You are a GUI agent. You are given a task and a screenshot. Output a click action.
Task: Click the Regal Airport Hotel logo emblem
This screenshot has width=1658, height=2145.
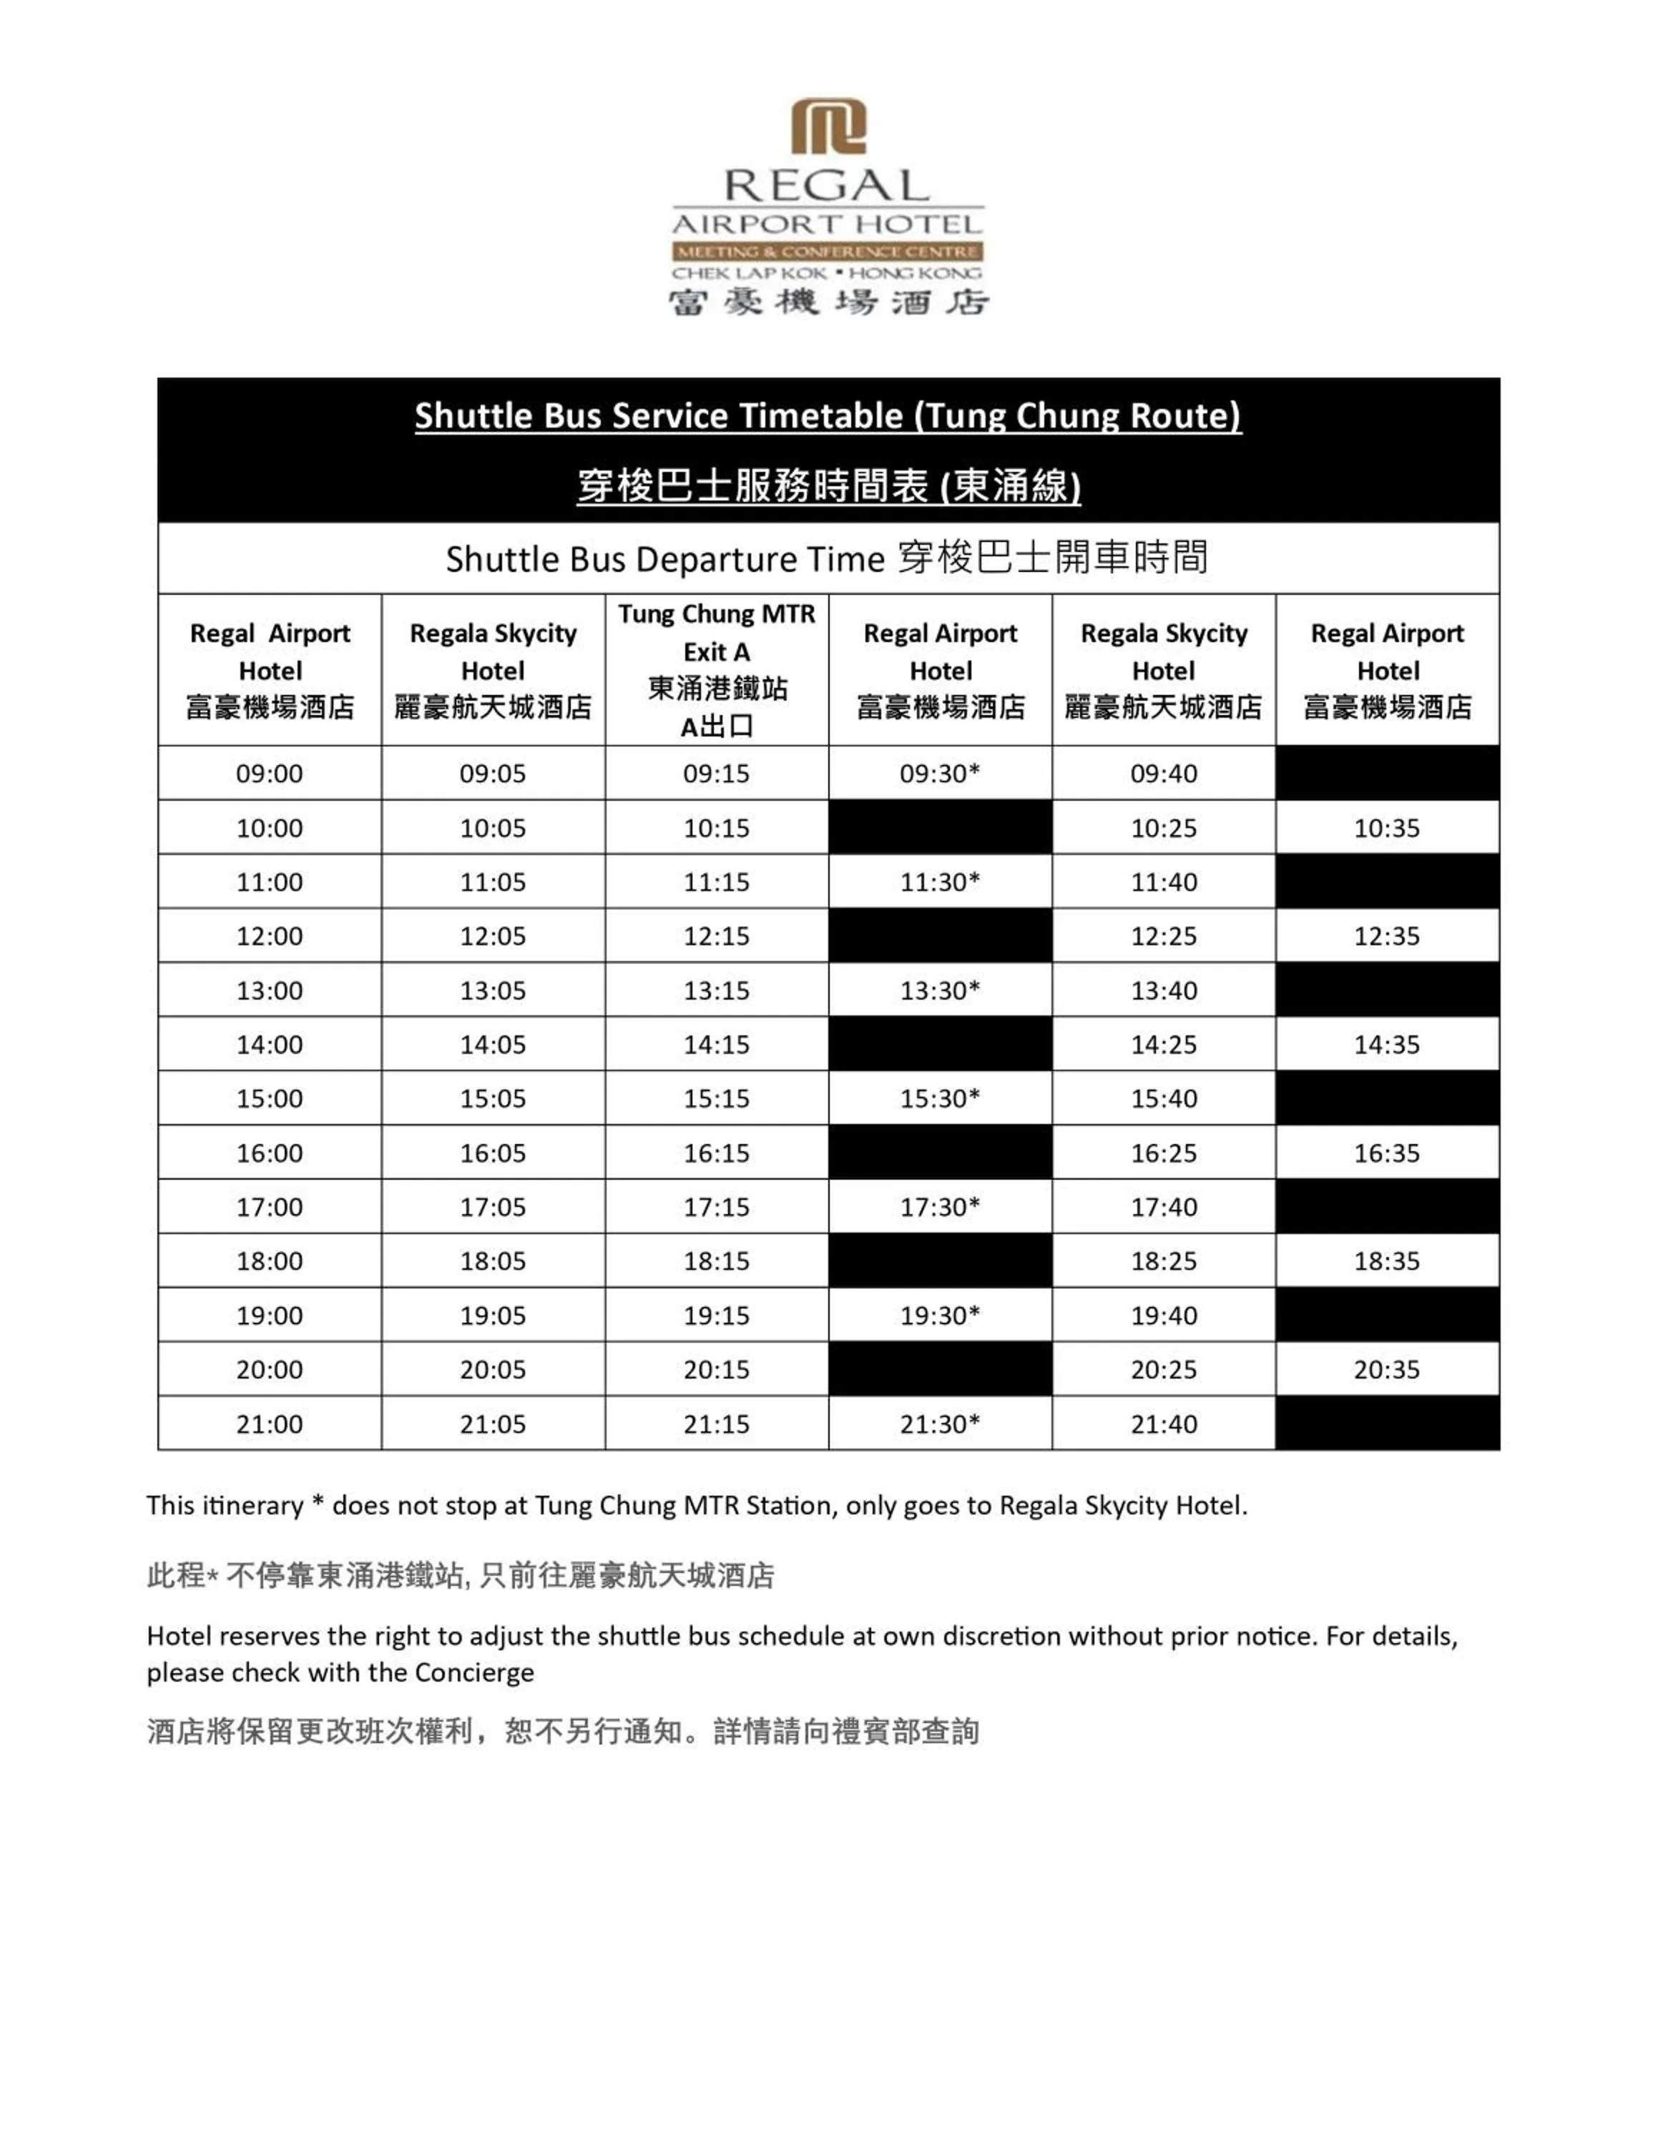pyautogui.click(x=828, y=126)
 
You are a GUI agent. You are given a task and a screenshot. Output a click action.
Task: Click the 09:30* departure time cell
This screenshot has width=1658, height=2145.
pyautogui.click(x=940, y=773)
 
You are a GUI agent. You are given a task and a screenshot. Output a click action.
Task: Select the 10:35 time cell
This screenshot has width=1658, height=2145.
pyautogui.click(x=1386, y=828)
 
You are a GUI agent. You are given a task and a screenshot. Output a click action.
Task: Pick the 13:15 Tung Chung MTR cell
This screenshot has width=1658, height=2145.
pyautogui.click(x=716, y=990)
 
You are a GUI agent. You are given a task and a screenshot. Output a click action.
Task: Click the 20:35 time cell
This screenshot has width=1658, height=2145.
pyautogui.click(x=1386, y=1369)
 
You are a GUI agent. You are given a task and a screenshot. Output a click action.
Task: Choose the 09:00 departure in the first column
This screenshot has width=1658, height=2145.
pyautogui.click(x=269, y=773)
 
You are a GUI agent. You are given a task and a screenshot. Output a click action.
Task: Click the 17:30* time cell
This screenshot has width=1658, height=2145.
pyautogui.click(x=940, y=1206)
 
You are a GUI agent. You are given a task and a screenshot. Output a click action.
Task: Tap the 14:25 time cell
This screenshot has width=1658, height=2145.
pyautogui.click(x=1163, y=1044)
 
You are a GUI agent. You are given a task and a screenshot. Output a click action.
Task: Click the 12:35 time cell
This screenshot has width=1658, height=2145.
pyautogui.click(x=1386, y=936)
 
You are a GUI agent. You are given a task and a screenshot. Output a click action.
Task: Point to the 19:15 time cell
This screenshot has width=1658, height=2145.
pyautogui.click(x=716, y=1315)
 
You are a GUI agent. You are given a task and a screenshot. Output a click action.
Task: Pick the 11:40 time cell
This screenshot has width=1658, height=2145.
pyautogui.click(x=1163, y=882)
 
